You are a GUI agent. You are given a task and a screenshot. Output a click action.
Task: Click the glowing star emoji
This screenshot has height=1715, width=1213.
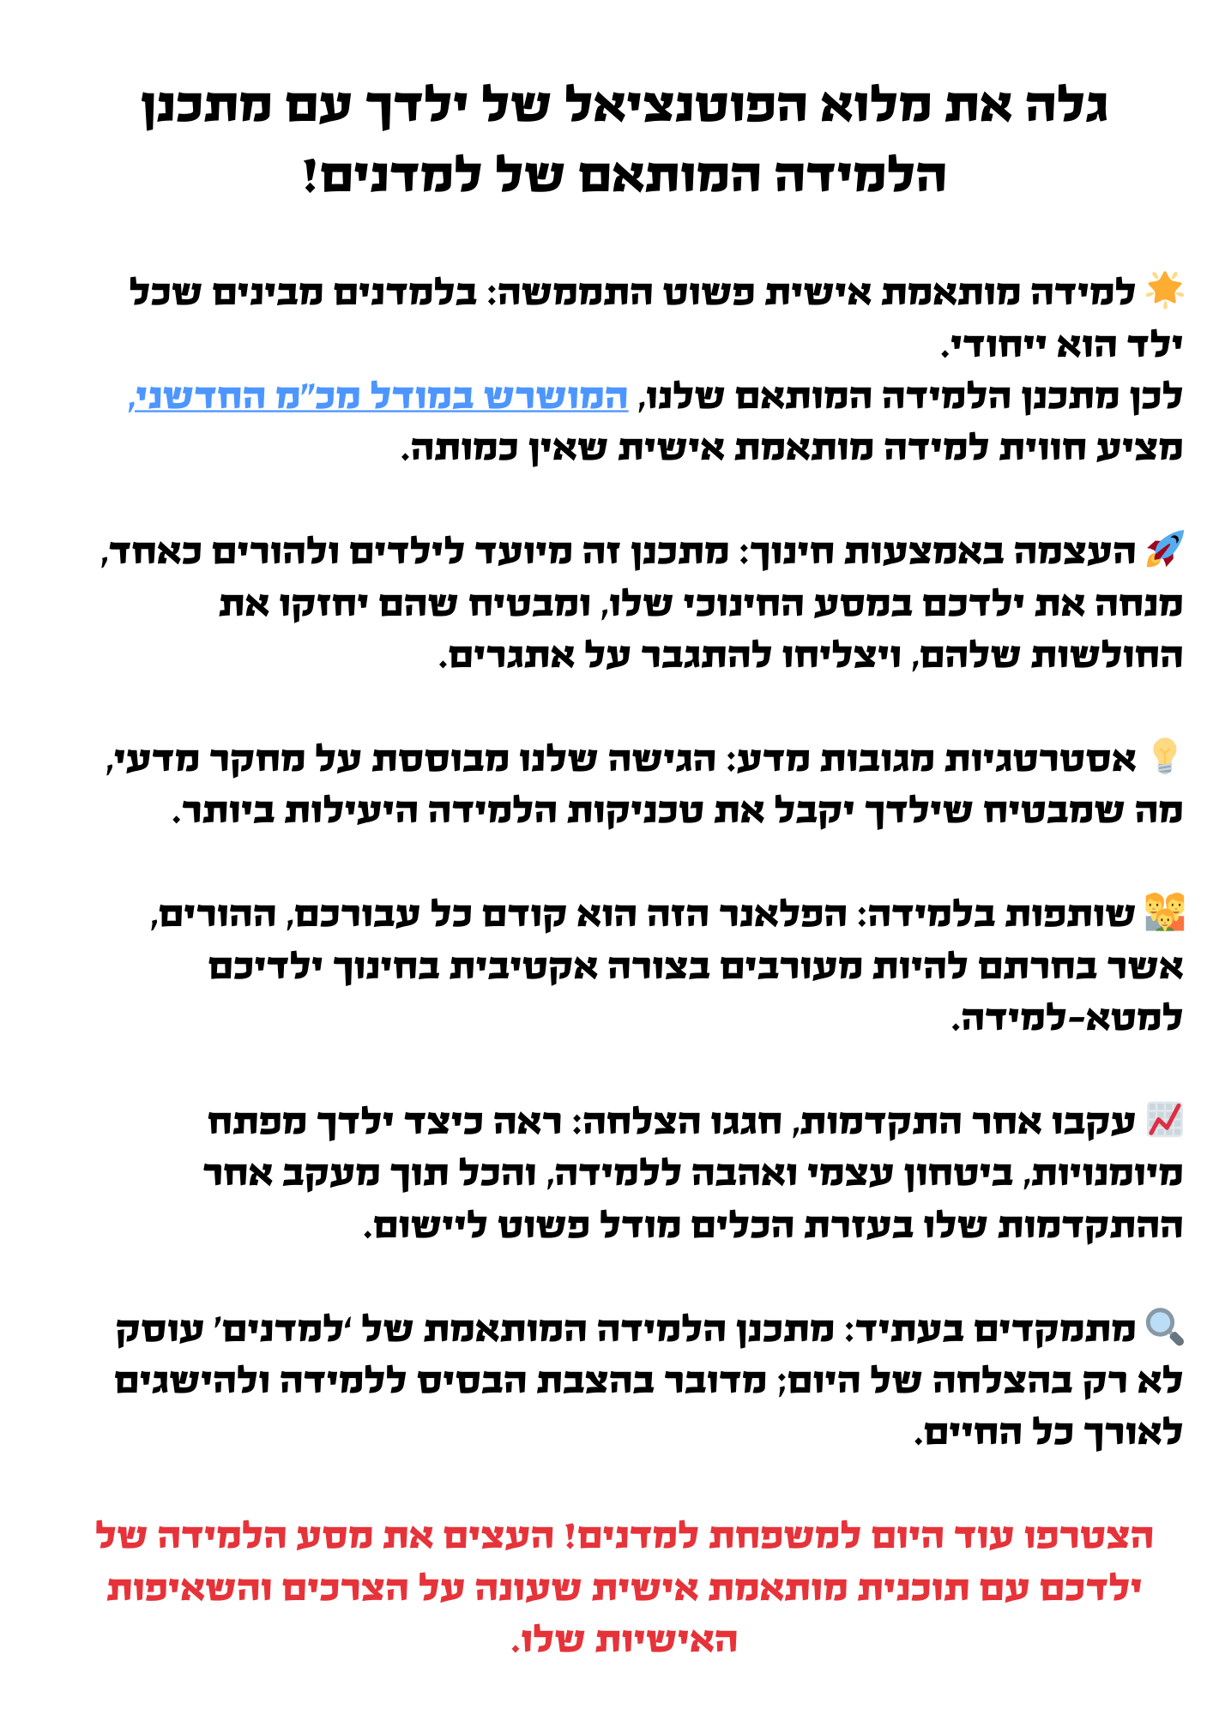[x=1165, y=289]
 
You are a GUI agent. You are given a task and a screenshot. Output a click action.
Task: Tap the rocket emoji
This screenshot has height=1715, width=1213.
[x=1165, y=549]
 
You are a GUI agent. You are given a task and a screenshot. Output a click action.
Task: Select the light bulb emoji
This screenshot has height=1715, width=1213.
[x=1165, y=756]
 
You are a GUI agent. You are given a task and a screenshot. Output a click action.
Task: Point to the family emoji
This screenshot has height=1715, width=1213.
[x=1165, y=912]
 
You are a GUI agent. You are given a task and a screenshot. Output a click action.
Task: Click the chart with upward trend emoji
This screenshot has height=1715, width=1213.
[x=1165, y=1120]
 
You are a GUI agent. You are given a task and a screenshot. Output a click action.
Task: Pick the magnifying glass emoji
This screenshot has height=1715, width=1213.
[x=1165, y=1327]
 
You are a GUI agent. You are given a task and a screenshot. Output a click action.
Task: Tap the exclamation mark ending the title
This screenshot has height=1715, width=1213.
[x=311, y=176]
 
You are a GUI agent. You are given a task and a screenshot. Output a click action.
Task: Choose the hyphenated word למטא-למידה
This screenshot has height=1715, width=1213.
[x=1068, y=1017]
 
